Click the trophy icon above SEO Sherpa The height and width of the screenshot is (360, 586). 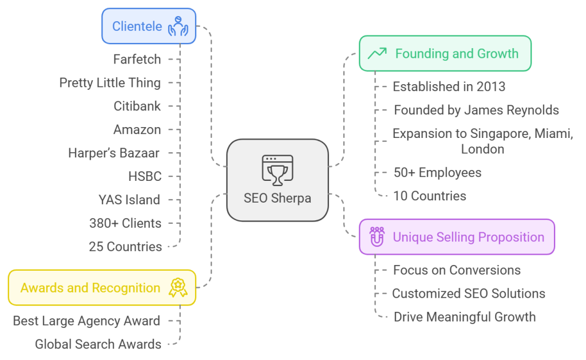coord(277,170)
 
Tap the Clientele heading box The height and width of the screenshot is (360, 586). coord(149,26)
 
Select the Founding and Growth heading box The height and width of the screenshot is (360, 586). coord(445,53)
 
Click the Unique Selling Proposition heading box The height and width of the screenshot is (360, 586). coord(457,237)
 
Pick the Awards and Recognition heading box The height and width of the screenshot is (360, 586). coord(102,288)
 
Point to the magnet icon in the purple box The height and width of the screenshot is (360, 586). coord(377,237)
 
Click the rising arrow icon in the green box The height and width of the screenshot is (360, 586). coord(377,53)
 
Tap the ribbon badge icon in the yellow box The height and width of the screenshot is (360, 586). coord(177,288)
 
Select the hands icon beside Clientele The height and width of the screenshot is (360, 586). coord(178,26)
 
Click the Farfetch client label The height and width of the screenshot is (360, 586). coord(137,59)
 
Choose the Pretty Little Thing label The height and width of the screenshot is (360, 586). coord(110,82)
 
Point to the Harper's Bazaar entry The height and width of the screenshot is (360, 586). coord(114,153)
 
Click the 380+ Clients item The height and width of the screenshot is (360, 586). coord(125,223)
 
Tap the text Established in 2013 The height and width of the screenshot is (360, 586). coord(449,87)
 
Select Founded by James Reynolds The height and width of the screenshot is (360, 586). coord(476,110)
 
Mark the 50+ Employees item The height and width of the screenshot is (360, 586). coord(437,172)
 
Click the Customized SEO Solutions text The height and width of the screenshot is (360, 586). coord(468,294)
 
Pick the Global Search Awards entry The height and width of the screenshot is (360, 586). coord(98,344)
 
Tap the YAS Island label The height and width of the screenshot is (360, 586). coord(129,200)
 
